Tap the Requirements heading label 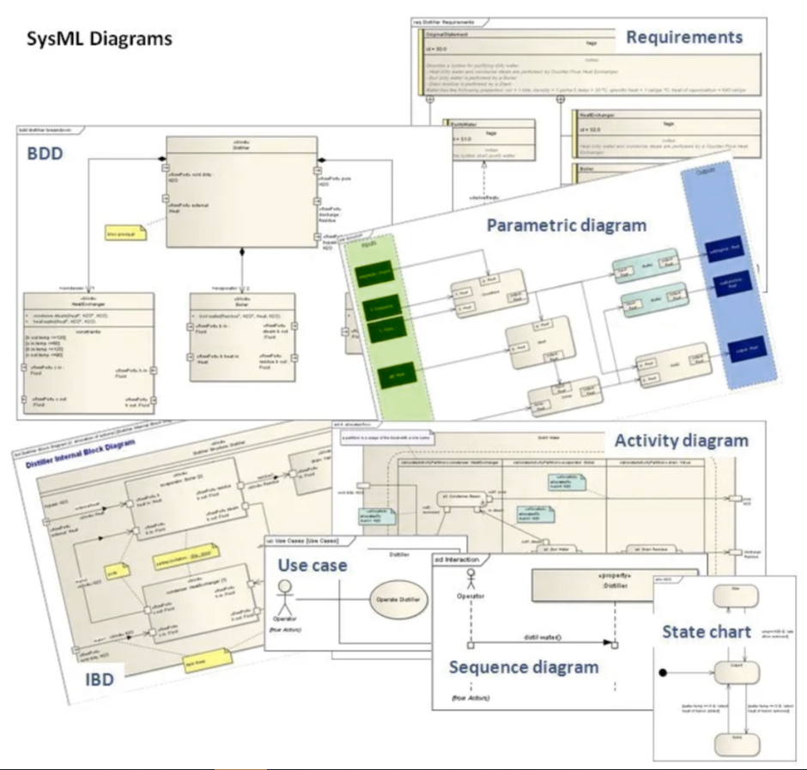coord(683,38)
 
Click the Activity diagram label coord(682,441)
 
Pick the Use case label coord(312,566)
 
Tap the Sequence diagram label coord(525,666)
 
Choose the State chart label coord(706,632)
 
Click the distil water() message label coord(542,636)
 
